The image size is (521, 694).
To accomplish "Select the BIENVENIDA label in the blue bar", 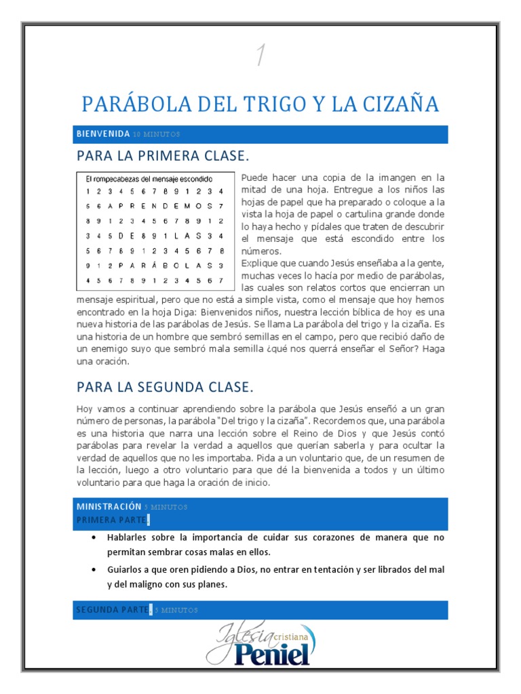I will pyautogui.click(x=102, y=134).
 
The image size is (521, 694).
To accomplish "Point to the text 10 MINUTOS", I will pyautogui.click(x=157, y=135).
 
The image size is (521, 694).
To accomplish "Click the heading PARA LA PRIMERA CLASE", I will pyautogui.click(x=163, y=157).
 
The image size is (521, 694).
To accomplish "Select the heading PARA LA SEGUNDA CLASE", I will pyautogui.click(x=165, y=387).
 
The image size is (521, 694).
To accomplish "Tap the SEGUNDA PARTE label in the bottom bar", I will pyautogui.click(x=112, y=609).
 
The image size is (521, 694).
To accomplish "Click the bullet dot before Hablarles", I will pyautogui.click(x=93, y=537).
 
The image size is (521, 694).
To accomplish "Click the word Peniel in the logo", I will pyautogui.click(x=273, y=654).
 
